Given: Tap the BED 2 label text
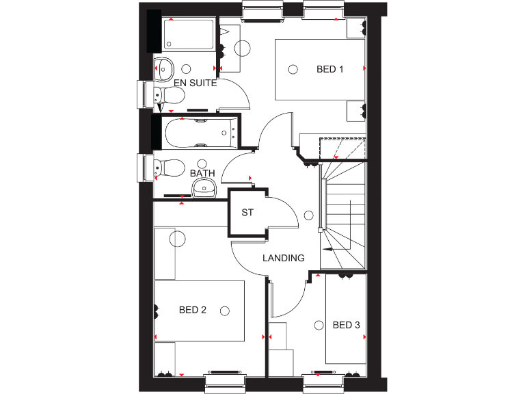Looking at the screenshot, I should tap(193, 310).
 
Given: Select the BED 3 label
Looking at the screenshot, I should tap(346, 325).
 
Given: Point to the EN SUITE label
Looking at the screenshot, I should tap(195, 83).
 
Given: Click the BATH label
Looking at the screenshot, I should tap(202, 173).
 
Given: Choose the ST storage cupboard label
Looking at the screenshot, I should tap(247, 213).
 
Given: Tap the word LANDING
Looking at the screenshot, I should tap(284, 258).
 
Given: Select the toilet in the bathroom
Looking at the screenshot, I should tap(168, 167).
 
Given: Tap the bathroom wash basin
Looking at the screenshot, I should tap(203, 188).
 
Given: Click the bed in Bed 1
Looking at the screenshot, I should tap(320, 69).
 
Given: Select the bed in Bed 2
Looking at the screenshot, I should tap(200, 311).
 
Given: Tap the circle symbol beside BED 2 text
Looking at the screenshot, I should tap(224, 310).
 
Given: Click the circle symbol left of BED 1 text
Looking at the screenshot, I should tap(293, 69).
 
